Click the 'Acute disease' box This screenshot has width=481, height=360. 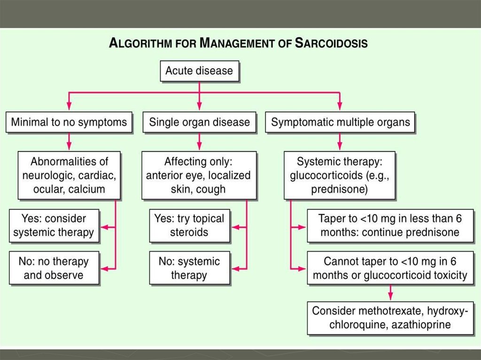(x=199, y=71)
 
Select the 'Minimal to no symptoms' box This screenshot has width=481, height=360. (x=69, y=123)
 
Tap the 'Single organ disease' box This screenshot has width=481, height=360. (x=199, y=123)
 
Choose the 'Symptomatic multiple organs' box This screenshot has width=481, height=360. (x=341, y=123)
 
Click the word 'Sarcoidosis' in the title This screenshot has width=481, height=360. (x=331, y=44)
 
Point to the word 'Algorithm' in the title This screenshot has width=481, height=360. (x=141, y=44)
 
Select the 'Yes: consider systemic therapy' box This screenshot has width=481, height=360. (x=54, y=226)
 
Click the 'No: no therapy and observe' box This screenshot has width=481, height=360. (x=54, y=268)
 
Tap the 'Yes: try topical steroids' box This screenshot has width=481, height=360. (x=190, y=226)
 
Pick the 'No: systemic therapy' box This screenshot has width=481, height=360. (x=190, y=268)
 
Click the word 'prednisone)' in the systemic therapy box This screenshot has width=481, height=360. (x=340, y=190)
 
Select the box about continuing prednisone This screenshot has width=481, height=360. (x=390, y=226)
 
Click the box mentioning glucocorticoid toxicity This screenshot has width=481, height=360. (x=390, y=268)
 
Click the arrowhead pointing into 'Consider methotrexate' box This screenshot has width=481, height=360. (x=390, y=298)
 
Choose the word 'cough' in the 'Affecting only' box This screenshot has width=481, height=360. (x=211, y=190)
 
